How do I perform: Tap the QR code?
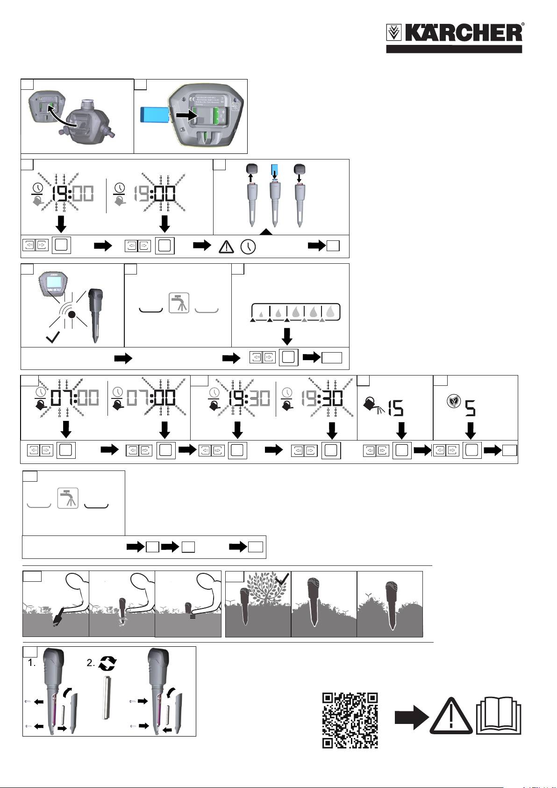(350, 720)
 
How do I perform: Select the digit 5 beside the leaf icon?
(470, 410)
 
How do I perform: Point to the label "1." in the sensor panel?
(31, 663)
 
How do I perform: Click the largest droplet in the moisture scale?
(330, 312)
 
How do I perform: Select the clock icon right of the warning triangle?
(248, 246)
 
